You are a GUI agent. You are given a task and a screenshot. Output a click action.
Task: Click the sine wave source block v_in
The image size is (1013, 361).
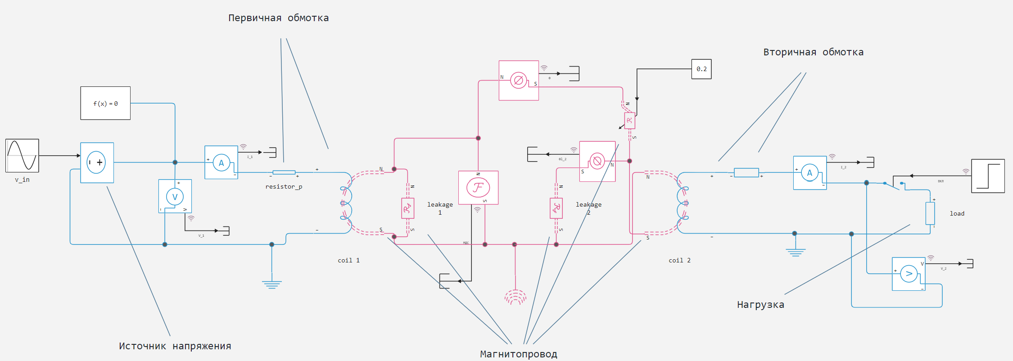point(22,156)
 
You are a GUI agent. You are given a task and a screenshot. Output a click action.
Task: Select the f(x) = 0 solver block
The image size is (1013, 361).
point(105,103)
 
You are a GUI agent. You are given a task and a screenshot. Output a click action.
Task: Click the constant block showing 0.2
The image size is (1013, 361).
point(701,69)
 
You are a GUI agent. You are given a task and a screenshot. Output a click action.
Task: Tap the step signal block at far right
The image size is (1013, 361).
point(988,176)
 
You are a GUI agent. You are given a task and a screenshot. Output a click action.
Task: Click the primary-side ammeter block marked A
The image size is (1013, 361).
point(221,162)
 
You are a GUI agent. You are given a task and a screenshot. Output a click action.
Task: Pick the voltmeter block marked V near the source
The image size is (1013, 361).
point(175,196)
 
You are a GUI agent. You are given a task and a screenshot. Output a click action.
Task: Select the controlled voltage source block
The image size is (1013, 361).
point(97,162)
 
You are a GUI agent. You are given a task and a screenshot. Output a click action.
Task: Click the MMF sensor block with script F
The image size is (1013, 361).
point(478,188)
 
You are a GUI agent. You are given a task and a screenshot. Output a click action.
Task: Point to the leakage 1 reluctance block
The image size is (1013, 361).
point(407,208)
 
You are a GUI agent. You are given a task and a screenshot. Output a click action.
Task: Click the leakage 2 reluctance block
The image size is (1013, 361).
point(556,208)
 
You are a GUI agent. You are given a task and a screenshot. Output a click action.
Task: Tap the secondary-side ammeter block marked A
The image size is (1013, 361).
point(809,173)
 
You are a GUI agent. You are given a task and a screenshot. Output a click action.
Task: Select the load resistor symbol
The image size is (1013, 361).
point(930,213)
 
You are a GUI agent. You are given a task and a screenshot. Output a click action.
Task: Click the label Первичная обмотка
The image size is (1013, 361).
point(278,18)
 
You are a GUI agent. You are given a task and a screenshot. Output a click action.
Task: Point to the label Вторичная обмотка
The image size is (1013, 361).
point(813,52)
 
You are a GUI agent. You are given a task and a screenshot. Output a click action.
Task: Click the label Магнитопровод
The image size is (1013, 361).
point(518,354)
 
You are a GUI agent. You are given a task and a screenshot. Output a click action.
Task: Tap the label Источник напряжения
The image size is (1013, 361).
point(175,346)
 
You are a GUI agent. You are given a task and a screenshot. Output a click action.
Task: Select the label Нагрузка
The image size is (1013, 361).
point(760,305)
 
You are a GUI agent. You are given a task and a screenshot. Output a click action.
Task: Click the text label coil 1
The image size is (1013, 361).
point(348,260)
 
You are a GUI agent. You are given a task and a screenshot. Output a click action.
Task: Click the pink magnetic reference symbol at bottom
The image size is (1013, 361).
point(516,297)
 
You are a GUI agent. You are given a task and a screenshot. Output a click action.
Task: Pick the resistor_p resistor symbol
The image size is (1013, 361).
point(284,172)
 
